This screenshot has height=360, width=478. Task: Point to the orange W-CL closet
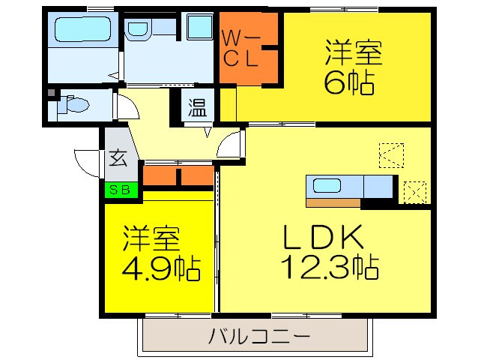(x=248, y=49)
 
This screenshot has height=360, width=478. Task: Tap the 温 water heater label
(x=197, y=107)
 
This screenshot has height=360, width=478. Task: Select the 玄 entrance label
(x=118, y=158)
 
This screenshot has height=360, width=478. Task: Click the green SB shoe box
(x=121, y=190)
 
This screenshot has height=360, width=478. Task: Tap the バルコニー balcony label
(x=259, y=335)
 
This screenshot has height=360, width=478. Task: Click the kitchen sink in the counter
(x=327, y=186)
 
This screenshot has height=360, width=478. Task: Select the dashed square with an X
(x=414, y=191)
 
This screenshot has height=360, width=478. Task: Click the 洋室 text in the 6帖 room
(x=353, y=55)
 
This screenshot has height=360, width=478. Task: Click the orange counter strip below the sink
(x=333, y=202)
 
